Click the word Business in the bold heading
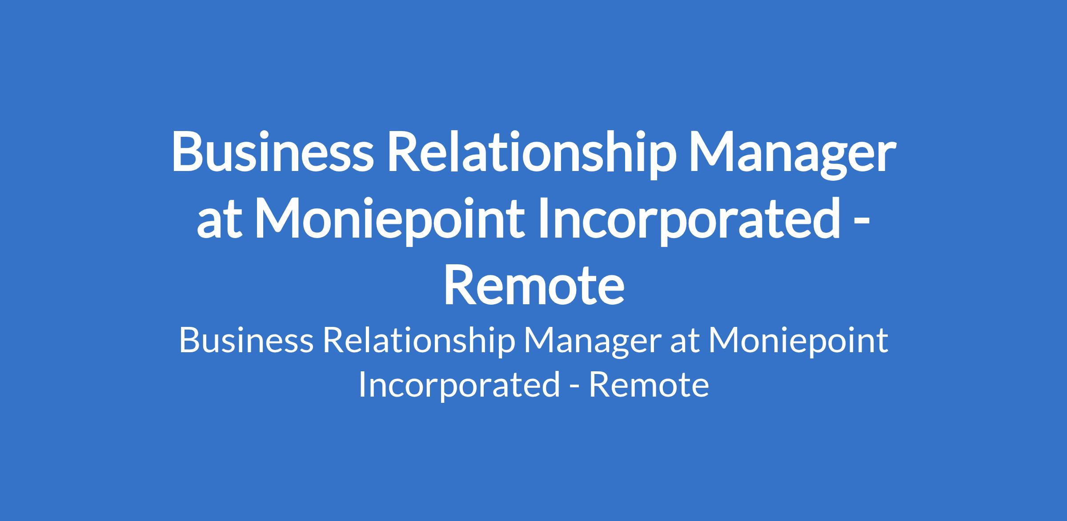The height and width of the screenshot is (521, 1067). point(272,151)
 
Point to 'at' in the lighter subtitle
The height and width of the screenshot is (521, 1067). point(685,342)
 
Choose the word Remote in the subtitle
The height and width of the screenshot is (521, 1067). point(649,384)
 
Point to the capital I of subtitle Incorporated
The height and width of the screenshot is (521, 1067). point(361,384)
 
